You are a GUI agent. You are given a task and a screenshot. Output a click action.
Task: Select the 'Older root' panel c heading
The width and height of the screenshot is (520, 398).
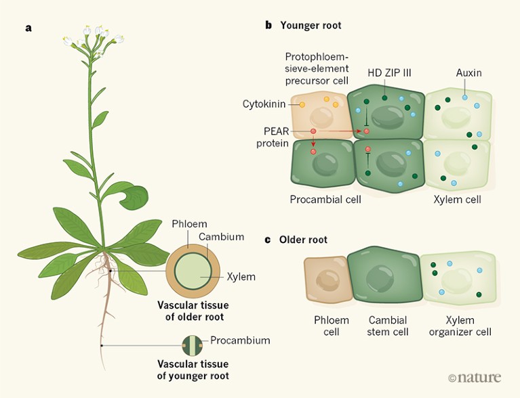[303, 240]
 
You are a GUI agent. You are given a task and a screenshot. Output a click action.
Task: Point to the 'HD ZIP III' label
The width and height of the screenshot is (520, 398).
[388, 72]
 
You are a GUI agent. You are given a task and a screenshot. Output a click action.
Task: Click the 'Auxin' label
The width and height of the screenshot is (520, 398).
[468, 72]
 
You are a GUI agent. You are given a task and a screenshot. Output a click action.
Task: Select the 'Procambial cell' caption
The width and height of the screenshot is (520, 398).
[325, 200]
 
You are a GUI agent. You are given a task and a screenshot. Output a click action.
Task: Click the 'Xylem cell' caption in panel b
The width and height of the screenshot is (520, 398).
[458, 200]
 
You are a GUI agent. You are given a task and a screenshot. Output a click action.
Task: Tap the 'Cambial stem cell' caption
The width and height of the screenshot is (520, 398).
[388, 326]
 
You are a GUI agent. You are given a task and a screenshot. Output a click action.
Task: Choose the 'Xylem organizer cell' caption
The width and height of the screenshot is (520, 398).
[460, 326]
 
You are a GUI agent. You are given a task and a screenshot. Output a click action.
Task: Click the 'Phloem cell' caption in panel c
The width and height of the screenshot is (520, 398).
[332, 326]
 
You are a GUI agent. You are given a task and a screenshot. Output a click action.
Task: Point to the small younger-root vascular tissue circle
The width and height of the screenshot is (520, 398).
[193, 345]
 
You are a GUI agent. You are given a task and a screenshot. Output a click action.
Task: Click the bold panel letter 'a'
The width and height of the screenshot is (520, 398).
[28, 28]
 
